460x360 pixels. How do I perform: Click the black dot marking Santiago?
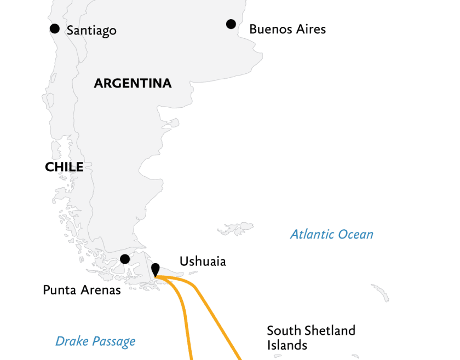point(54,28)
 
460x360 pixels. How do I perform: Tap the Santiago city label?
point(91,30)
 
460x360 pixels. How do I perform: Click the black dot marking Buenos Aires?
point(231,24)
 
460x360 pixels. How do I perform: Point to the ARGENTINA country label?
point(133,84)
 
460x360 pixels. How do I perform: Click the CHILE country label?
point(64,167)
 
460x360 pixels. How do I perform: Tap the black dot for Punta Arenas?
point(125,259)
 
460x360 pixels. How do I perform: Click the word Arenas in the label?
point(101,290)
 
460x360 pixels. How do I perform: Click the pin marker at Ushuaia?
point(156,270)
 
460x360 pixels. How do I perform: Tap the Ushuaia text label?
point(203,262)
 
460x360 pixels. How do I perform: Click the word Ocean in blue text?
point(355,235)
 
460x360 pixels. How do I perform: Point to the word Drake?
point(72,342)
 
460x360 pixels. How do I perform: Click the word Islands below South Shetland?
point(287,345)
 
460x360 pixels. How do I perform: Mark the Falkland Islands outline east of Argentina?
point(234,228)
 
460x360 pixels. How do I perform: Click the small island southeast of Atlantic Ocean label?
point(380,292)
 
